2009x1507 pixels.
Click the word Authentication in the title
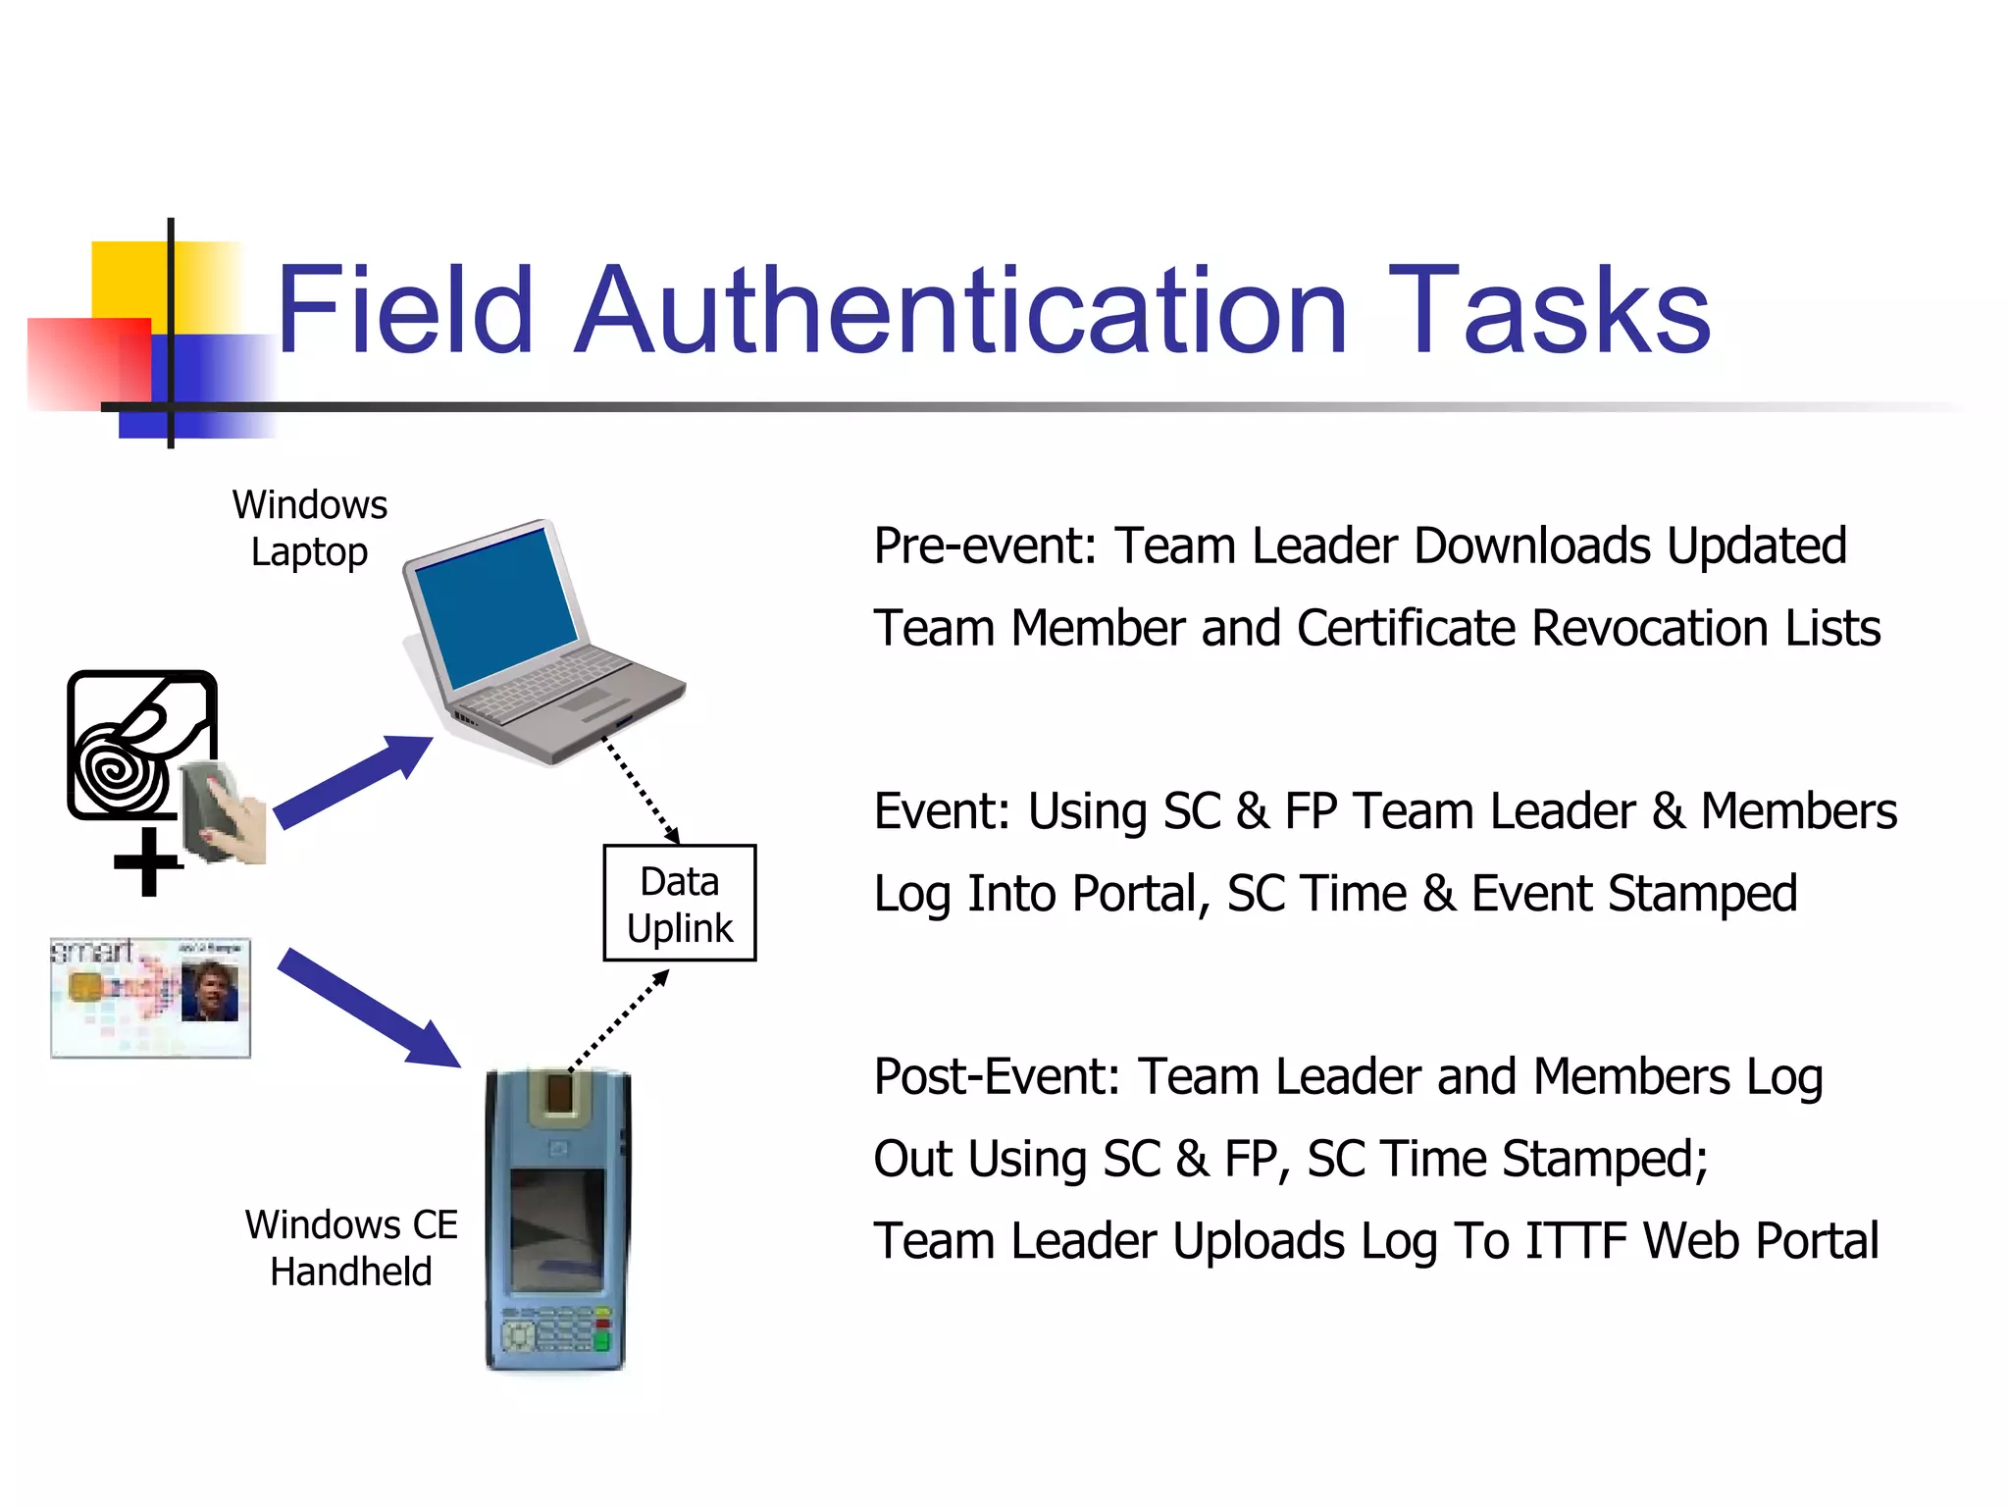(961, 312)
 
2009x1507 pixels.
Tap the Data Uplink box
(679, 904)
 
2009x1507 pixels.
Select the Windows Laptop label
(310, 528)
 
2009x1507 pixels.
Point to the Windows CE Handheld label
(351, 1248)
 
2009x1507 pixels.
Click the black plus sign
(148, 862)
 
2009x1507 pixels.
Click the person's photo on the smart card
(209, 991)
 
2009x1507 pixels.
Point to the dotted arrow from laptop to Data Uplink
(640, 791)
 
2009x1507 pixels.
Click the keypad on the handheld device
(555, 1329)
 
